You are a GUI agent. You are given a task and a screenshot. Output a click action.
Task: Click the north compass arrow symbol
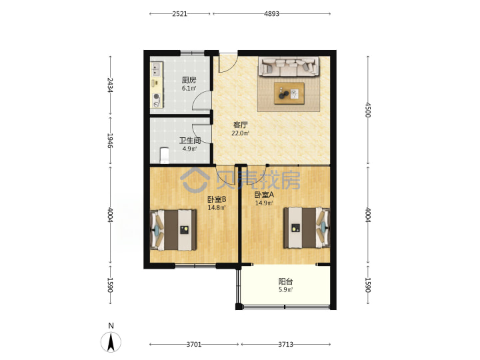point(111,341)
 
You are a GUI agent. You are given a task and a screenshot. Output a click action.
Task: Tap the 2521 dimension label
point(179,14)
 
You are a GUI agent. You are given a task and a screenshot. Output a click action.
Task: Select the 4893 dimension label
point(271,14)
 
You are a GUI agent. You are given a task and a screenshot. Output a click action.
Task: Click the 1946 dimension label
point(110,140)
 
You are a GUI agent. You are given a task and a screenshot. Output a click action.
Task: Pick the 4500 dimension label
point(368,109)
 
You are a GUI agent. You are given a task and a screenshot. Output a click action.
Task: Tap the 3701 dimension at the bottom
point(194,345)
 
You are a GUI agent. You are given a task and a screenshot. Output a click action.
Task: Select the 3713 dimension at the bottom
point(285,345)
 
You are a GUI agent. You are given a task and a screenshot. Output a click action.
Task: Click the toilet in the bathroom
point(165,155)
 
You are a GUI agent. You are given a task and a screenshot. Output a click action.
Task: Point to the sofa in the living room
point(289,66)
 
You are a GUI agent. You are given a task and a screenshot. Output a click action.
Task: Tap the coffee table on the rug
point(289,93)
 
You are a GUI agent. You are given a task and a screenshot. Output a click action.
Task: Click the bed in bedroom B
point(173,230)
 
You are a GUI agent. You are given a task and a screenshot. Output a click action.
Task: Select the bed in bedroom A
point(307,228)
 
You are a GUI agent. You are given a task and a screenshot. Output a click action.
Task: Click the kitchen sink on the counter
point(157,69)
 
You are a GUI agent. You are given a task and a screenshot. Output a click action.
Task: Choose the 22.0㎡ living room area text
point(241,133)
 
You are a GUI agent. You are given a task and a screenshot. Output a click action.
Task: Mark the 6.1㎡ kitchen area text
point(189,89)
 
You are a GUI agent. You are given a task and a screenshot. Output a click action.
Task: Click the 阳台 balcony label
point(285,281)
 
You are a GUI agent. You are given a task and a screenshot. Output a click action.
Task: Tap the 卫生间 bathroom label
point(190,141)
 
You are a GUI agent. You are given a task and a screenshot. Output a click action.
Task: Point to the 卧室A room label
point(264,195)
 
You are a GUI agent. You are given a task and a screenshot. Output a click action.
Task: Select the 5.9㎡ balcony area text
point(285,289)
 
